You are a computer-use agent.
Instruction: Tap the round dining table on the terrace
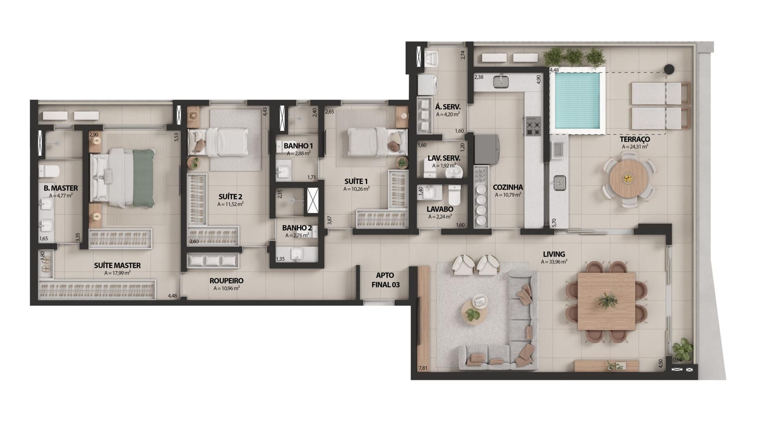(x=628, y=179)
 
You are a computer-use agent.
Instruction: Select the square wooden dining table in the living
(x=606, y=301)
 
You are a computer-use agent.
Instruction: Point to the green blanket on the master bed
(x=144, y=178)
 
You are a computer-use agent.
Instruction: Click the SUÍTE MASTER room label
(x=117, y=265)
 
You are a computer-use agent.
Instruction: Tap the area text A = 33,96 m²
(x=554, y=261)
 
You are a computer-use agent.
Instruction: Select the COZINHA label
(x=507, y=187)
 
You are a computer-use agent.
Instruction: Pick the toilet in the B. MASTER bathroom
(x=49, y=171)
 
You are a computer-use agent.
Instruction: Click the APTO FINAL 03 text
(x=385, y=280)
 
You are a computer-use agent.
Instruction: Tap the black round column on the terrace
(x=669, y=69)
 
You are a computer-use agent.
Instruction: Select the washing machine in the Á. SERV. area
(x=428, y=84)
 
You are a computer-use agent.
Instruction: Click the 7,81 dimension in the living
(x=423, y=368)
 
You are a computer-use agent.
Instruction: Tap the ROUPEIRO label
(x=226, y=281)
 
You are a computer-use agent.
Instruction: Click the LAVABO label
(x=440, y=209)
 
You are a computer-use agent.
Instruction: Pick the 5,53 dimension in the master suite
(x=177, y=137)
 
